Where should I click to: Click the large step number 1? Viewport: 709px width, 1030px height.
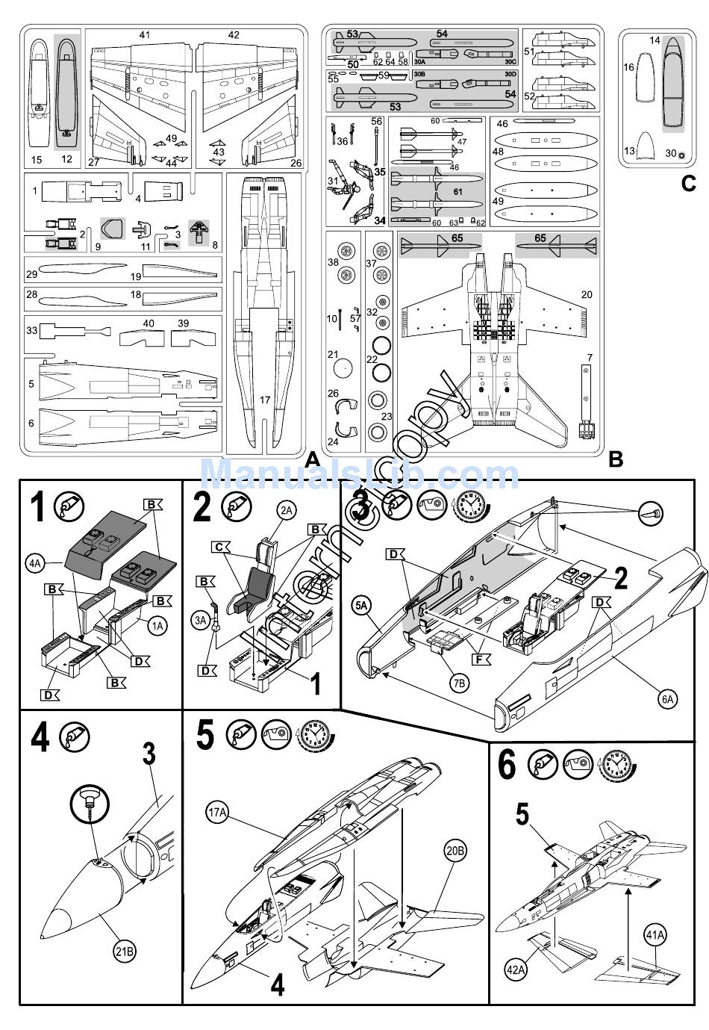coord(37,507)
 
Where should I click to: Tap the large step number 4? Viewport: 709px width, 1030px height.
coord(40,739)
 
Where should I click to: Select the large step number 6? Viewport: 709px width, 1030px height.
coord(507,764)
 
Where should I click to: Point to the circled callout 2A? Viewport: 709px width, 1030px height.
coord(286,511)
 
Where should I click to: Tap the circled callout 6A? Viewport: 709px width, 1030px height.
coord(666,699)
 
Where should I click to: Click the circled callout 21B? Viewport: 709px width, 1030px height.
coord(124,952)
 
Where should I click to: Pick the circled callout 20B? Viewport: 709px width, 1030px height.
coord(455,850)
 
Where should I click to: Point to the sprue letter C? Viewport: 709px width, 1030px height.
coord(688,183)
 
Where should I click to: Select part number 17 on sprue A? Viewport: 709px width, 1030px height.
coord(265,400)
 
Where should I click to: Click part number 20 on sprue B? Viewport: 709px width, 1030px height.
coord(587,295)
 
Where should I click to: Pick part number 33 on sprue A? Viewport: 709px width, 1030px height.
coord(31,330)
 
